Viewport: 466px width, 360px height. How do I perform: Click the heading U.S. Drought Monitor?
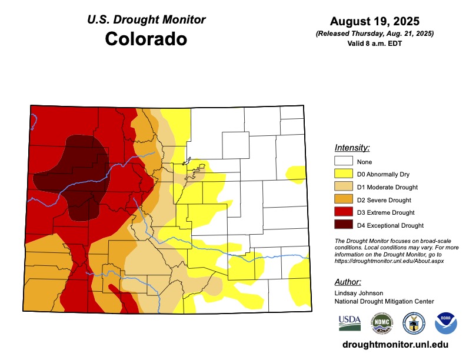(146, 19)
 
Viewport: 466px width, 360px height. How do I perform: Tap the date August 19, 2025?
(374, 22)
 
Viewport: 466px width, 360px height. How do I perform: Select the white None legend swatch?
(343, 161)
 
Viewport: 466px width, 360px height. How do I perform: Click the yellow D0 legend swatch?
(343, 174)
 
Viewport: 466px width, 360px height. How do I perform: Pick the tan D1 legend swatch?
(343, 187)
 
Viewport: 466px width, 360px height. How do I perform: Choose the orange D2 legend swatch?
(343, 199)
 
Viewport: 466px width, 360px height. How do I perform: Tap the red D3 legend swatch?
(343, 212)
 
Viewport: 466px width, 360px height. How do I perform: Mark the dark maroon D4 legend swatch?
(343, 225)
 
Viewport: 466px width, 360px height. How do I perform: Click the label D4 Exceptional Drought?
(390, 225)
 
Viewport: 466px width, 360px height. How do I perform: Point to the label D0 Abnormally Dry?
(383, 174)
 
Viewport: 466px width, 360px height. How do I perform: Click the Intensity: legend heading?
(352, 147)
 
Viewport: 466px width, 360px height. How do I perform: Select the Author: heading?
(347, 282)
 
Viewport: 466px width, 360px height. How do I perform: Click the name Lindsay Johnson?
(359, 293)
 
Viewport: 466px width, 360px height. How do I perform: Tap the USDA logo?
(349, 323)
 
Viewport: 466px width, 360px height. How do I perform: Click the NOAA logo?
(445, 323)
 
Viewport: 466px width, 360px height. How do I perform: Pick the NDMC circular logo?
(381, 323)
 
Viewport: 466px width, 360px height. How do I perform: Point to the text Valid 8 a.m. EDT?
(374, 44)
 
